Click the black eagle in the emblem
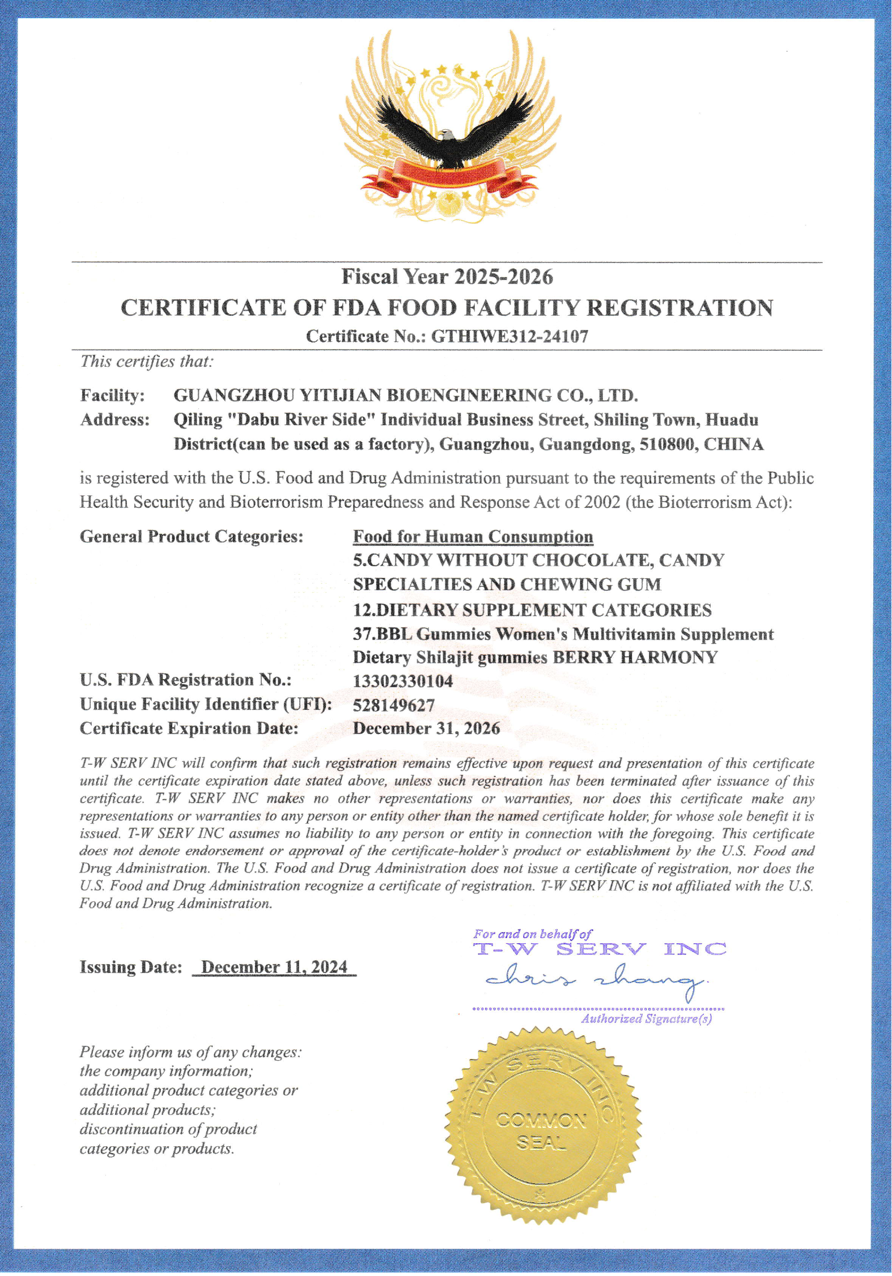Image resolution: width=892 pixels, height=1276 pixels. tap(451, 136)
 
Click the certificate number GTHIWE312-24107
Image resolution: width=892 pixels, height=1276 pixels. tap(509, 336)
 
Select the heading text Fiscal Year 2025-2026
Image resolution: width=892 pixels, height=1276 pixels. tap(447, 277)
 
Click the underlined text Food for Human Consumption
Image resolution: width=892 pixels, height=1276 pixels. tap(473, 536)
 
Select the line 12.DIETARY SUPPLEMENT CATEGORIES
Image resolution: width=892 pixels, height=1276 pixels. tap(532, 610)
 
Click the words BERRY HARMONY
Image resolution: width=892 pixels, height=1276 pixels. tap(635, 658)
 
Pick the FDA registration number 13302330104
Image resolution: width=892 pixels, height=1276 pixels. tap(402, 681)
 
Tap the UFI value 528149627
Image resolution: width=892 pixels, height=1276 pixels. tap(393, 705)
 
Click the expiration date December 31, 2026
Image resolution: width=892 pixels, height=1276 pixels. tap(426, 728)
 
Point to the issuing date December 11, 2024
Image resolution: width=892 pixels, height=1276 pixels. tap(274, 967)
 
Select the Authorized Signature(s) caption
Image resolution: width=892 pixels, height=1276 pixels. tap(646, 1019)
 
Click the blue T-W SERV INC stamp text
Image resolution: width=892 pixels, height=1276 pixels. tap(599, 949)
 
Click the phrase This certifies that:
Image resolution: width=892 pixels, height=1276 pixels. tap(146, 361)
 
